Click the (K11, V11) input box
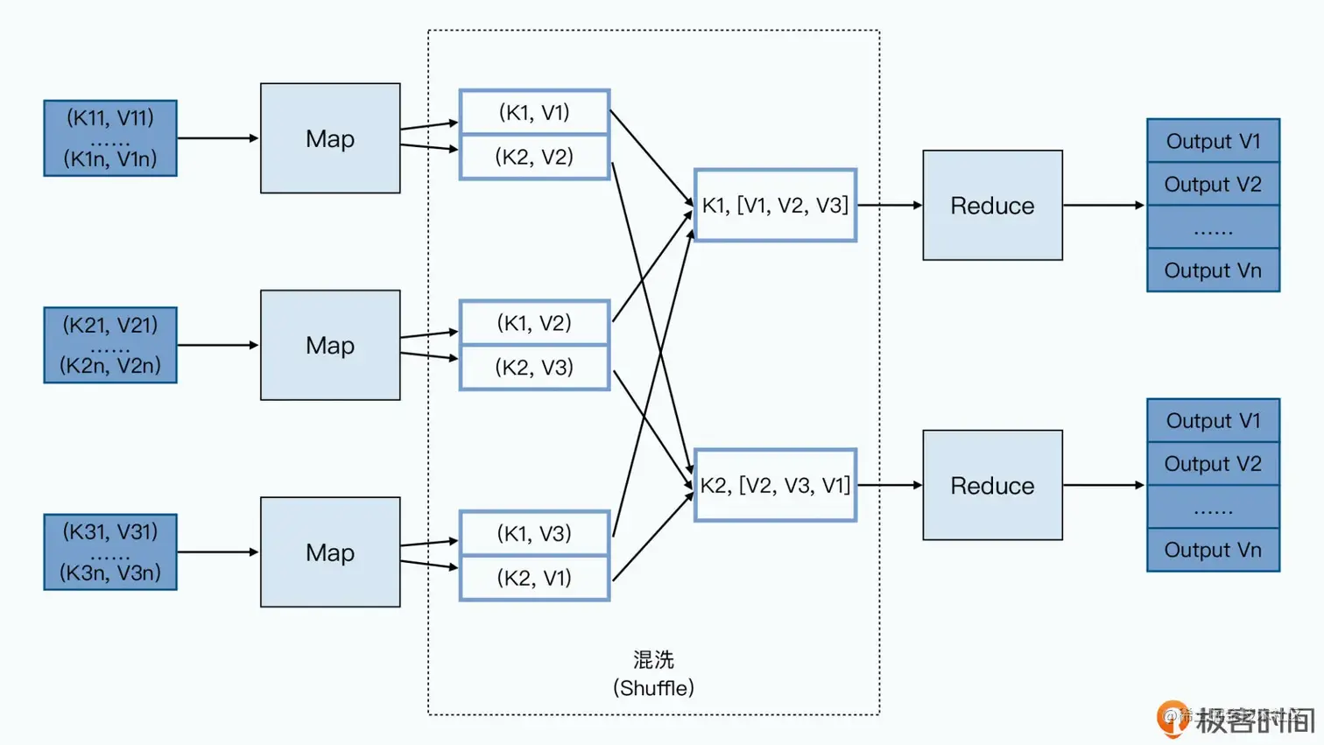110,138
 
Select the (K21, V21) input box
110,345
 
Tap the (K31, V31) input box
110,552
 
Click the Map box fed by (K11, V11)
330,138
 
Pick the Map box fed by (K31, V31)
330,552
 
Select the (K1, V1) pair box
534,112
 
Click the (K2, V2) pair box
534,157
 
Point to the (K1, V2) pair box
534,323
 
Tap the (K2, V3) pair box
534,367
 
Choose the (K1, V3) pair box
534,533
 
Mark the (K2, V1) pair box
534,578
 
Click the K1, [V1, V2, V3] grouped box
775,206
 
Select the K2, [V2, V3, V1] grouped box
775,485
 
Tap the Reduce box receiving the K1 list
992,206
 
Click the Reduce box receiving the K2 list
992,485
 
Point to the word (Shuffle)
653,688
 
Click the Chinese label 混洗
653,659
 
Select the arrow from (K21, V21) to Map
218,345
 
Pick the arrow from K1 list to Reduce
890,206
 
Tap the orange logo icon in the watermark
1172,717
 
